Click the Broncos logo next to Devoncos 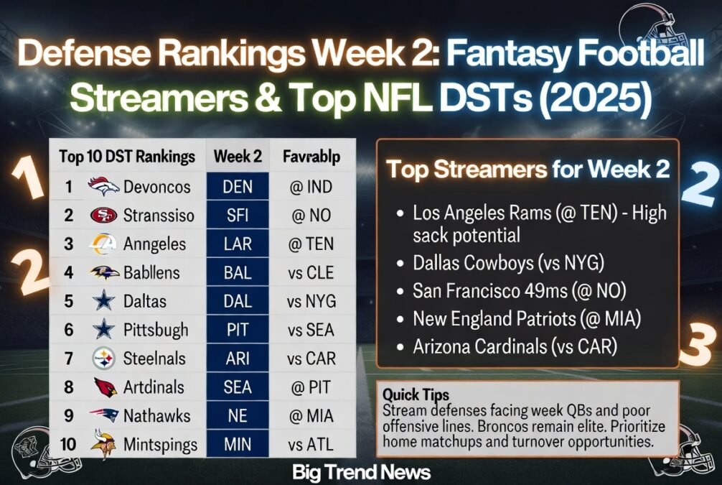tap(103, 187)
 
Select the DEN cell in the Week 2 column tap(238, 187)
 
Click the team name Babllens tap(151, 272)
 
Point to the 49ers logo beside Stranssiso tap(103, 216)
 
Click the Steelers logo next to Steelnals tap(103, 358)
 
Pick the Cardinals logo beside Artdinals tap(103, 387)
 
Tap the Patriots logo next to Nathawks tap(103, 415)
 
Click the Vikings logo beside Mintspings tap(103, 444)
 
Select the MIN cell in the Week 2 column tap(238, 445)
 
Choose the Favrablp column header tap(311, 157)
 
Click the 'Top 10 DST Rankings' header tap(127, 157)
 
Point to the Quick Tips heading tap(416, 394)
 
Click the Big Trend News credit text tap(362, 472)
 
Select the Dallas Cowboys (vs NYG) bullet tap(508, 263)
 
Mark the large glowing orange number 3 tap(698, 344)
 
